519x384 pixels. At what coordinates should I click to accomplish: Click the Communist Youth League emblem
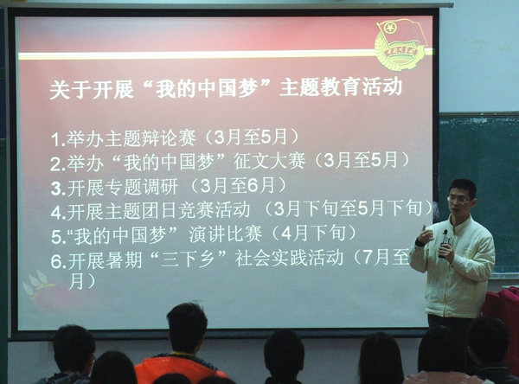coord(401,44)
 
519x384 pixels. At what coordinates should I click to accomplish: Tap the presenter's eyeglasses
coord(459,200)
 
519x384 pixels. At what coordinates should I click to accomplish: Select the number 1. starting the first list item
coord(58,140)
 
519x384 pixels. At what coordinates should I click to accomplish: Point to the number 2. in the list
coord(58,163)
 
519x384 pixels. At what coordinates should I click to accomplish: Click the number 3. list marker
coord(58,189)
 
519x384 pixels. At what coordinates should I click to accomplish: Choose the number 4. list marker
coord(58,213)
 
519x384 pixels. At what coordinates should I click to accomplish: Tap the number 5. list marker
coord(58,237)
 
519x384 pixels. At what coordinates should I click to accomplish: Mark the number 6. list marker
coord(59,261)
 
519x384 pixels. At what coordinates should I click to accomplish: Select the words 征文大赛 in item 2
coord(269,162)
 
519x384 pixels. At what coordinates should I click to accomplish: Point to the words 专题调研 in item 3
coord(141,187)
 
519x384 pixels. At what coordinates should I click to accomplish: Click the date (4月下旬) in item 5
coord(313,234)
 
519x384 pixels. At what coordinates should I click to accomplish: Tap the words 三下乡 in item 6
coord(189,259)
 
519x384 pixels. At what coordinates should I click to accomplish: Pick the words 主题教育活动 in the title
coord(341,87)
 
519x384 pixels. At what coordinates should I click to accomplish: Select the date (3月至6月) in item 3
coord(239,186)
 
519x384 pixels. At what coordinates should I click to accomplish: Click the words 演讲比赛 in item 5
coord(225,234)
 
